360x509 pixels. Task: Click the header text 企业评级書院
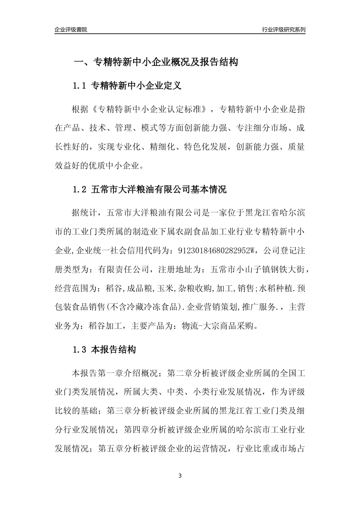click(71, 30)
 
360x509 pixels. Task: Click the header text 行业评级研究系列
click(283, 30)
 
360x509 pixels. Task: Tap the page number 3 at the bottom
click(180, 476)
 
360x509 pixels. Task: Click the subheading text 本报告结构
click(114, 350)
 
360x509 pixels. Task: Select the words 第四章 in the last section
click(136, 430)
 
